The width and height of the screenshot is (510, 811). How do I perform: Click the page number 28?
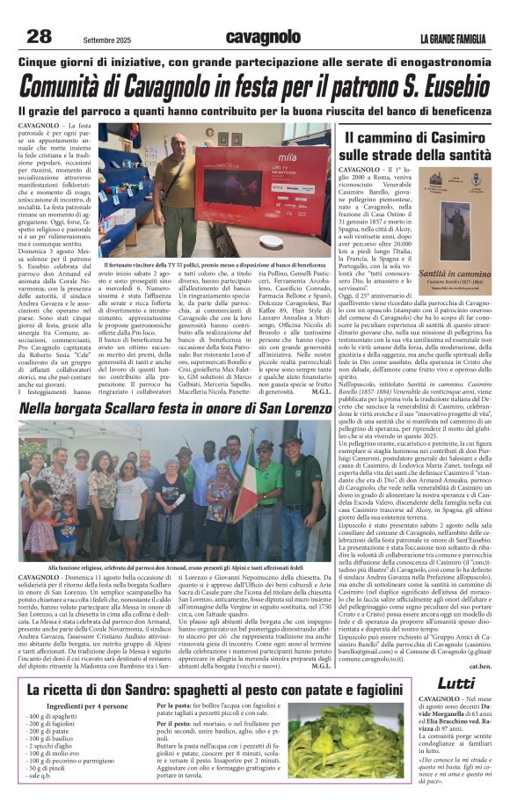(x=39, y=36)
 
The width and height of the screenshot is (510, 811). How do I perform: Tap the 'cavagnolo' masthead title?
(x=263, y=37)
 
